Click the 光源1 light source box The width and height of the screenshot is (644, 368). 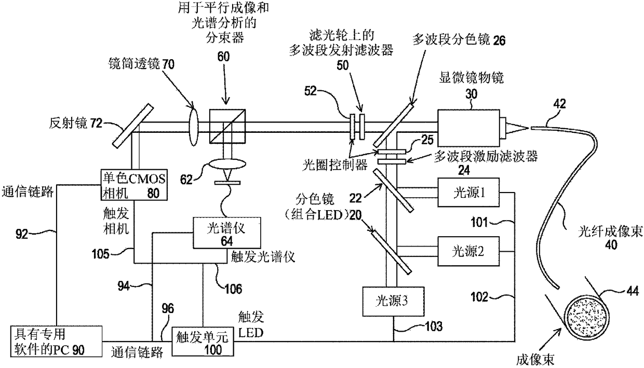click(468, 192)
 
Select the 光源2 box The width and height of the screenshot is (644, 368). click(468, 251)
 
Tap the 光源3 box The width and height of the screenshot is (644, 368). click(393, 302)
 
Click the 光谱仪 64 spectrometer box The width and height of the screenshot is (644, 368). click(227, 233)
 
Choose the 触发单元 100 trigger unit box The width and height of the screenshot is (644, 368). click(203, 342)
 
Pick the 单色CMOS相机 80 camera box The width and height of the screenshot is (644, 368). click(134, 185)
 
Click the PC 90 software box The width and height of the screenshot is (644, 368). click(56, 342)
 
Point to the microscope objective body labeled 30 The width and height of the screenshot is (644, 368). click(468, 128)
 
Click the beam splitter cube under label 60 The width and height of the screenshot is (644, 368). click(227, 126)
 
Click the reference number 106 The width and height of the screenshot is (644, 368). click(233, 289)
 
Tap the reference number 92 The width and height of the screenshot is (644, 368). click(22, 234)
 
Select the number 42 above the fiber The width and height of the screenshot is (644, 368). click(559, 104)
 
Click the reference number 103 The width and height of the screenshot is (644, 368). click(434, 326)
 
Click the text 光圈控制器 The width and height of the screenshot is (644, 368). click(335, 165)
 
